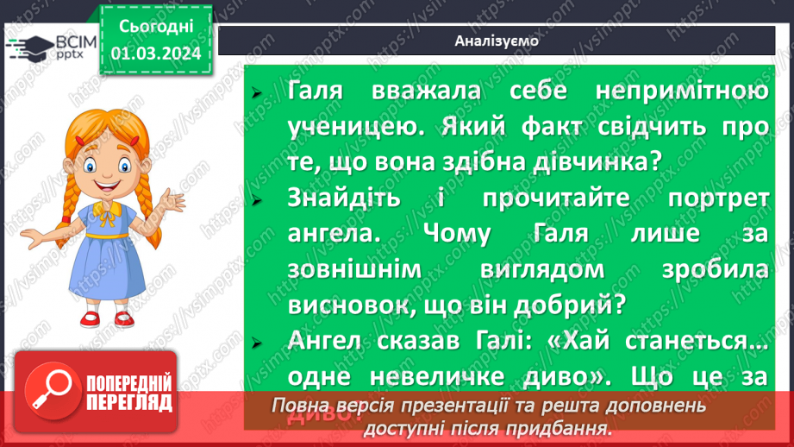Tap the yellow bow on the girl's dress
[105, 210]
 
